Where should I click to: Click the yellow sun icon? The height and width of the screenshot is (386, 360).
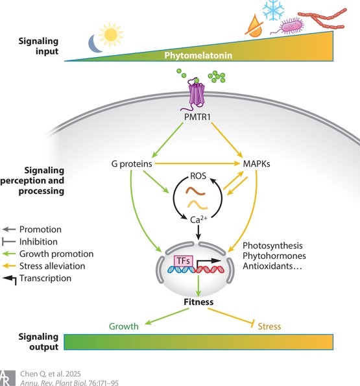coord(110,35)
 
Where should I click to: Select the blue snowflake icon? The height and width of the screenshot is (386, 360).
coord(273,10)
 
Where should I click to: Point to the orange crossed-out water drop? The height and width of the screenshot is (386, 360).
coord(254,26)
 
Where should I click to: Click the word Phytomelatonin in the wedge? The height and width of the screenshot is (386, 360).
coord(198,55)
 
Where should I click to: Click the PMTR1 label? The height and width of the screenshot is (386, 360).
coord(198,117)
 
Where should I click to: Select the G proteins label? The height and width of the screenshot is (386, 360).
coord(132,164)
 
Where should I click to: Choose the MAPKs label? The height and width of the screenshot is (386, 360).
coord(256,164)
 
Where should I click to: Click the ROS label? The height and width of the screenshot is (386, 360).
coord(198,176)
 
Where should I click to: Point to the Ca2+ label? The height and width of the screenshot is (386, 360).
coord(198,219)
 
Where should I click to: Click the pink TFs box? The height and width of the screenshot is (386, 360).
coord(183,261)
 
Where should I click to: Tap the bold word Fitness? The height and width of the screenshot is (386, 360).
coord(198,302)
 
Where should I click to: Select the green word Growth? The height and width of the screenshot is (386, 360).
coord(124,326)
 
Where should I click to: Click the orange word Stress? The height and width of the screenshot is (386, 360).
coord(269,326)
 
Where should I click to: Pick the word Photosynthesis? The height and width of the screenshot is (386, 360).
coord(272,246)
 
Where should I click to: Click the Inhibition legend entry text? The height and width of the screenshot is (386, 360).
coord(38,242)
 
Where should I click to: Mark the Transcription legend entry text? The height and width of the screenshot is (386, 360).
coord(45,278)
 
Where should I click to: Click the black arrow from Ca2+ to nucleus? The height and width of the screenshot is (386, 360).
coord(198,232)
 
